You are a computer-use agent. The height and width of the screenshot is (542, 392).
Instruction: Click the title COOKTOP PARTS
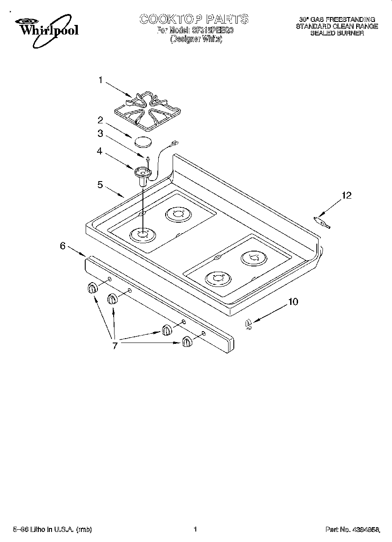(194, 19)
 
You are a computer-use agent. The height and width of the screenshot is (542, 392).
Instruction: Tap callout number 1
(101, 80)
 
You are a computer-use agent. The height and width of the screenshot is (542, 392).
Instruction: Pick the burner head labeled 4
(142, 174)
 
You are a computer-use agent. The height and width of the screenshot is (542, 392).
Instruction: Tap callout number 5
(101, 185)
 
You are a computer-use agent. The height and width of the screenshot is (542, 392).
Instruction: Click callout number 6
(63, 246)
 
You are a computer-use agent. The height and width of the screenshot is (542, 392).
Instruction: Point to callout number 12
(346, 196)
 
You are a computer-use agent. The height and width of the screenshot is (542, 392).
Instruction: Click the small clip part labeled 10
(249, 324)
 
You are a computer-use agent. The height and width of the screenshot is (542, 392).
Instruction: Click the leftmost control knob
(92, 288)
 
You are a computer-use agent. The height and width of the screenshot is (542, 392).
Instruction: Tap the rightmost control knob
(187, 341)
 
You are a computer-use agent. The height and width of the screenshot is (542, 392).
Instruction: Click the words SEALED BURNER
(337, 33)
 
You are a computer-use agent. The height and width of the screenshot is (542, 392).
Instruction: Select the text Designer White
(196, 38)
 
